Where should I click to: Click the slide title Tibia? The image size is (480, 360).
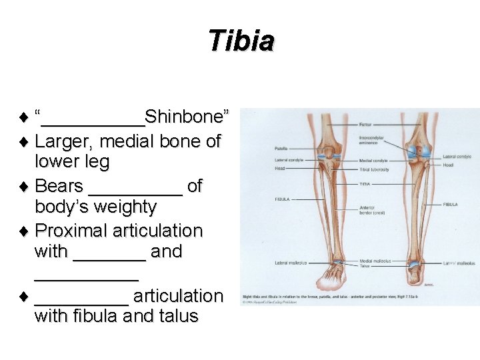[241, 41]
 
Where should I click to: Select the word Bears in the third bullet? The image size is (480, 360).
[59, 186]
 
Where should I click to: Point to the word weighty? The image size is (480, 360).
[119, 207]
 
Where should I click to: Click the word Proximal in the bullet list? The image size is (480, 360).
[75, 231]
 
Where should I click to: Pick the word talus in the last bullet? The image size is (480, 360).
[178, 315]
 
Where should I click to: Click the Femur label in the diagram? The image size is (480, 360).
[365, 125]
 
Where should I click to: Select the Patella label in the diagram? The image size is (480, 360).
[281, 148]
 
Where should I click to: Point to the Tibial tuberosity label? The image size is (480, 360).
[373, 169]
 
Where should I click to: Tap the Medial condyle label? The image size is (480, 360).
[373, 160]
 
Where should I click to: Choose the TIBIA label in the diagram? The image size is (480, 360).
[365, 183]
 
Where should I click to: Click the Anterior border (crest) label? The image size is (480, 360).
[371, 210]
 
